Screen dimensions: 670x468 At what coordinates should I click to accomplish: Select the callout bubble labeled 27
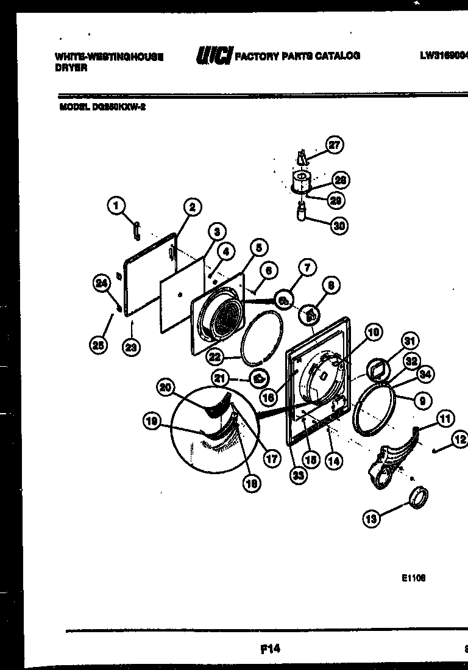334,145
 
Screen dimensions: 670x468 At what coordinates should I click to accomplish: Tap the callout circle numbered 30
337,226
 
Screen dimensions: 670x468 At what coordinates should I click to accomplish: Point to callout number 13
371,519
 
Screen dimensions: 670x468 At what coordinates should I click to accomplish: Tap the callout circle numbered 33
298,477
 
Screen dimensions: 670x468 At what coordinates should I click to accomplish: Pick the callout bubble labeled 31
411,342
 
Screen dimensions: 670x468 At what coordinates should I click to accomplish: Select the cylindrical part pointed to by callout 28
300,181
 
